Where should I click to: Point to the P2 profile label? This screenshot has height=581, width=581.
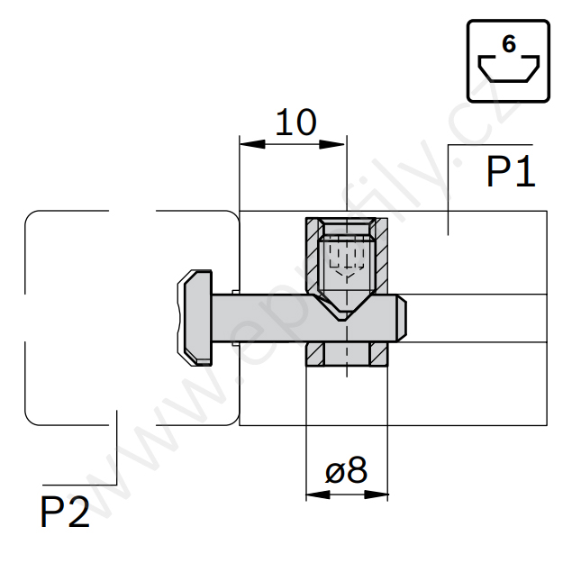[x=65, y=513]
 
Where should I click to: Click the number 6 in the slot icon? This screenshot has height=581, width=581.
[x=509, y=44]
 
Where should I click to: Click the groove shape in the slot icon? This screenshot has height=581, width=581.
[x=509, y=70]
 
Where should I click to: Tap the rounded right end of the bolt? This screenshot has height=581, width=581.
[x=403, y=318]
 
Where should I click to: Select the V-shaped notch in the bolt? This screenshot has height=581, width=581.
[x=346, y=312]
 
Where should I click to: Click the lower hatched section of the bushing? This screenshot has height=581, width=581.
[x=316, y=354]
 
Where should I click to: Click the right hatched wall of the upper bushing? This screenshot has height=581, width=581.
[x=380, y=257]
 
